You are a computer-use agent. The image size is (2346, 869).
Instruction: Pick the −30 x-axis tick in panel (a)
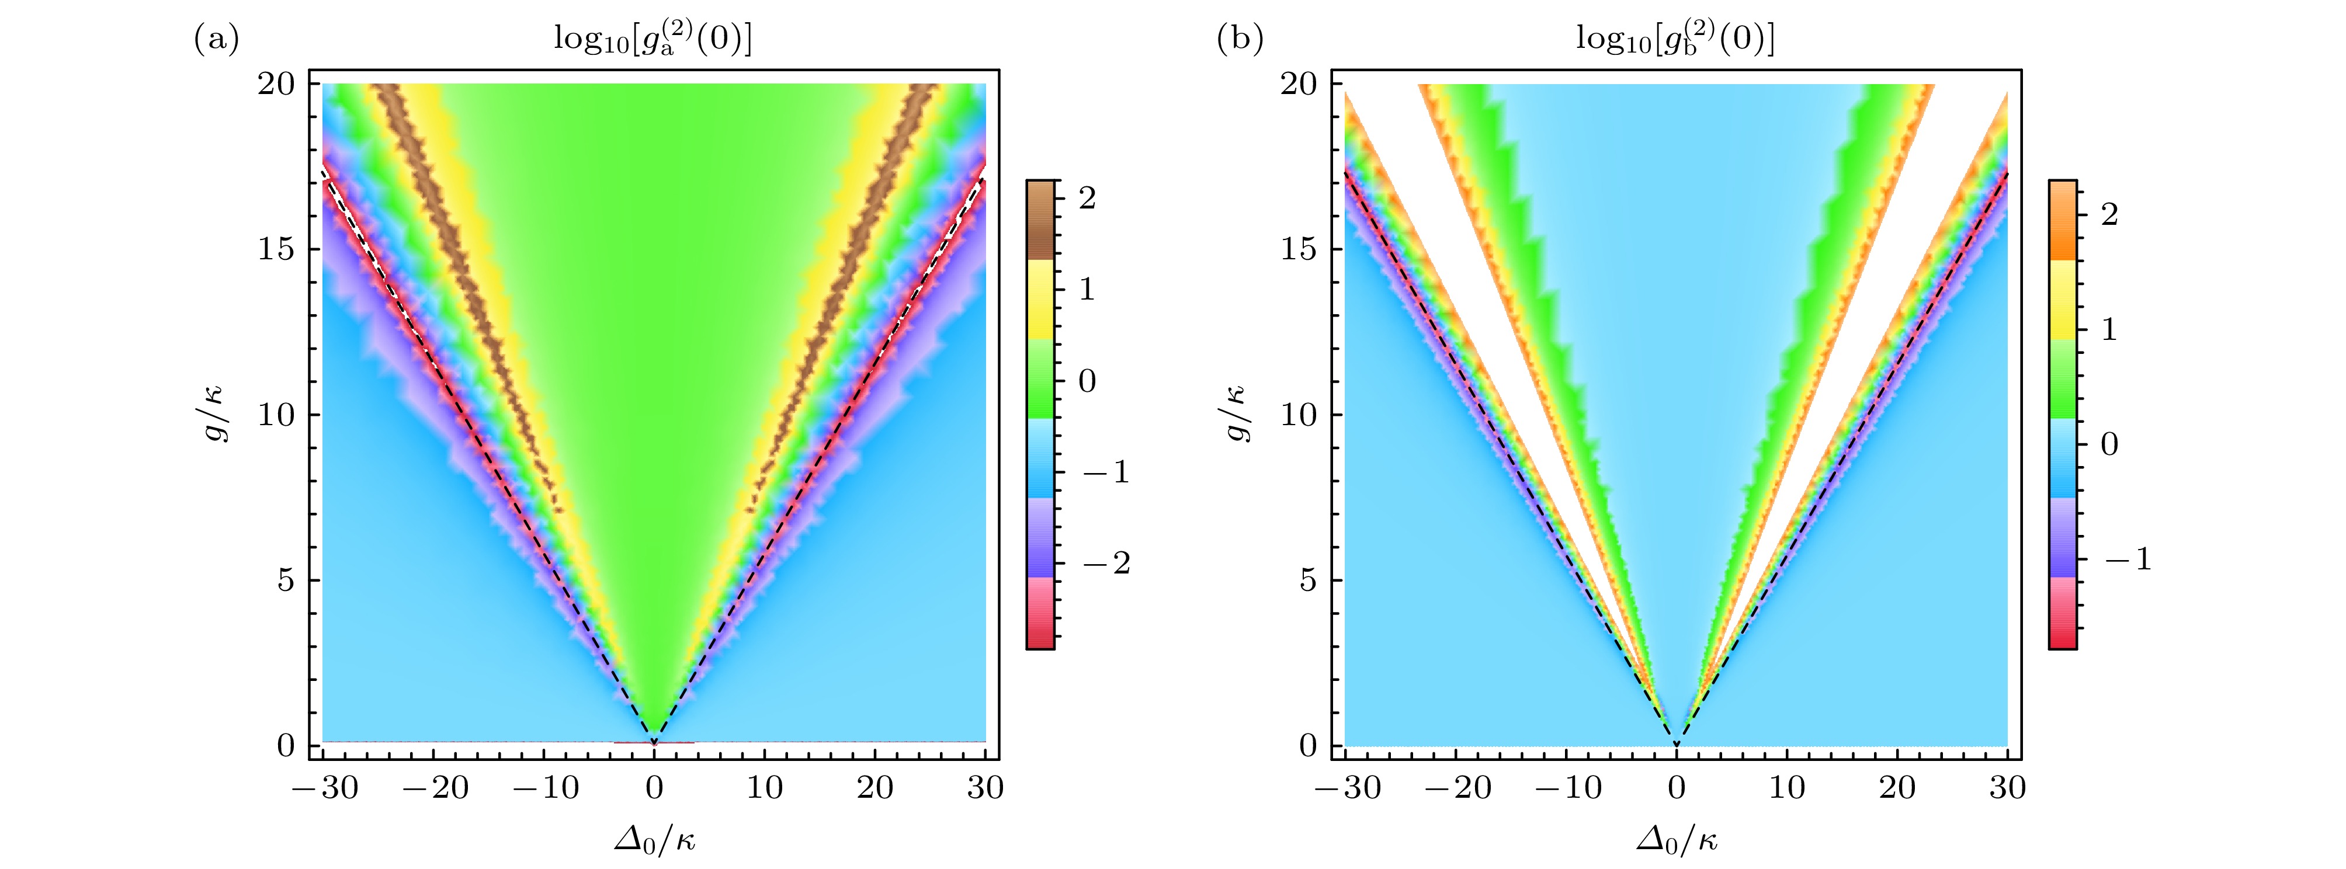coord(325,787)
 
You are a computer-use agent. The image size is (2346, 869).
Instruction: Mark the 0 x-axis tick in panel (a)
coord(654,787)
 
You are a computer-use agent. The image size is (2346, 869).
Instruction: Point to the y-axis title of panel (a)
coord(216,415)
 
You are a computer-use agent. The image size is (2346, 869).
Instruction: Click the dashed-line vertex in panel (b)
coord(1677,745)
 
